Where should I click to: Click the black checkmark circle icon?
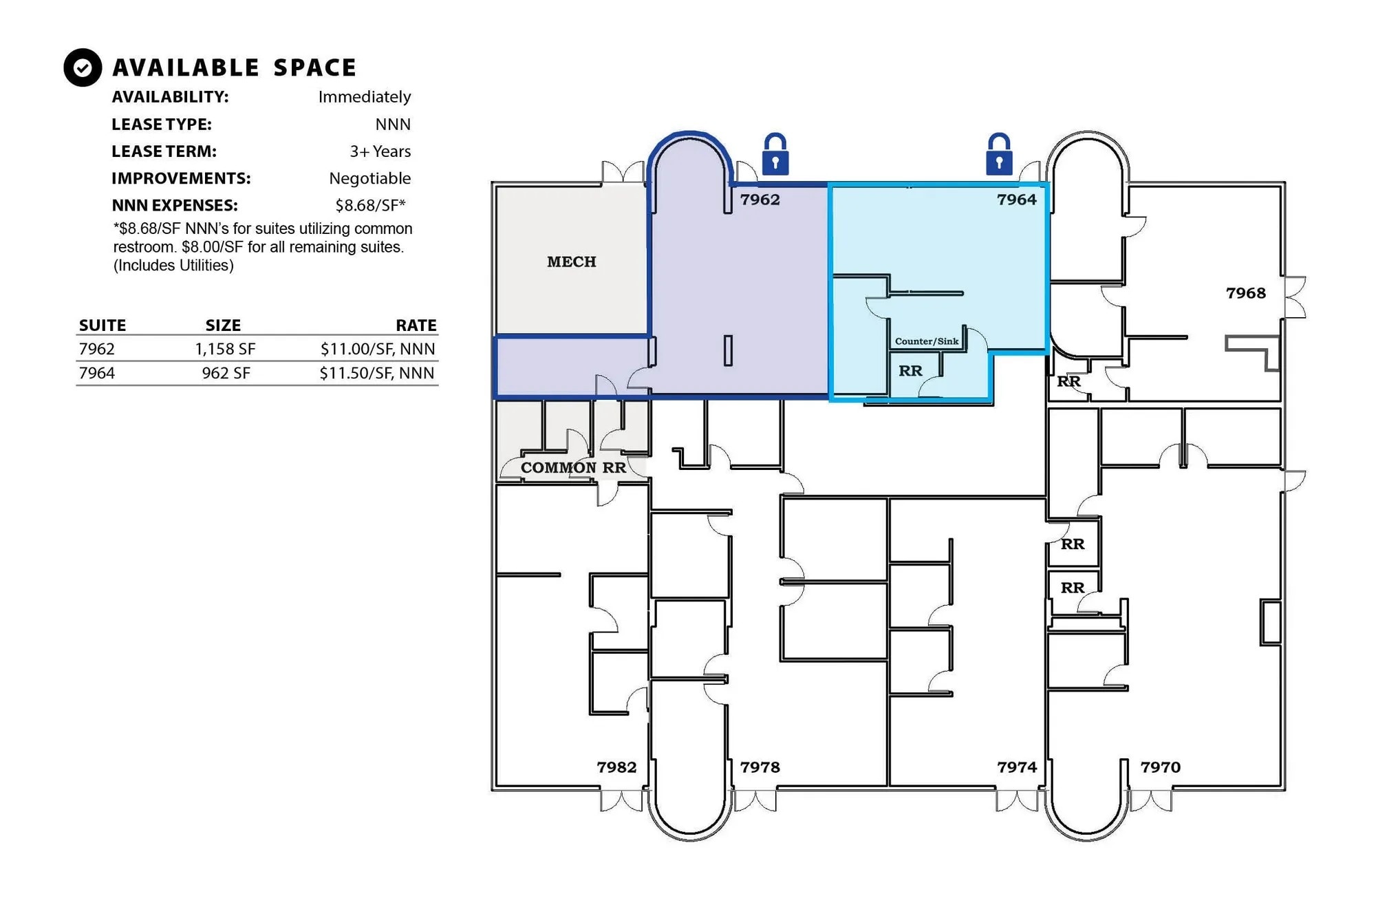83,67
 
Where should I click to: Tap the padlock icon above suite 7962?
775,156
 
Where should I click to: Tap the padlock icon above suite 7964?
999,156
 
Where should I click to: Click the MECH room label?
572,262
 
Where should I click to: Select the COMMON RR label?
573,468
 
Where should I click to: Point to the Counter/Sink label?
926,341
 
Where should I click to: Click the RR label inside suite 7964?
910,371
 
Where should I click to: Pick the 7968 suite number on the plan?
1245,293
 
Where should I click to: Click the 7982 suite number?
616,767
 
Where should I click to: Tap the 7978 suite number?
760,767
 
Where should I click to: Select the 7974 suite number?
1017,767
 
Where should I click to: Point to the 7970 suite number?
1160,767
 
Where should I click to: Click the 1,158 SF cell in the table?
225,349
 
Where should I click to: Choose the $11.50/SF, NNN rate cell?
376,373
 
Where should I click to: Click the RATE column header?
416,325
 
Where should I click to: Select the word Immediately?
364,97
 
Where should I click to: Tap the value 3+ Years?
380,151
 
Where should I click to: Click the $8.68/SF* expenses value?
370,205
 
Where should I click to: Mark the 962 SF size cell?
226,373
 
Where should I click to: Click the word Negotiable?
369,178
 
